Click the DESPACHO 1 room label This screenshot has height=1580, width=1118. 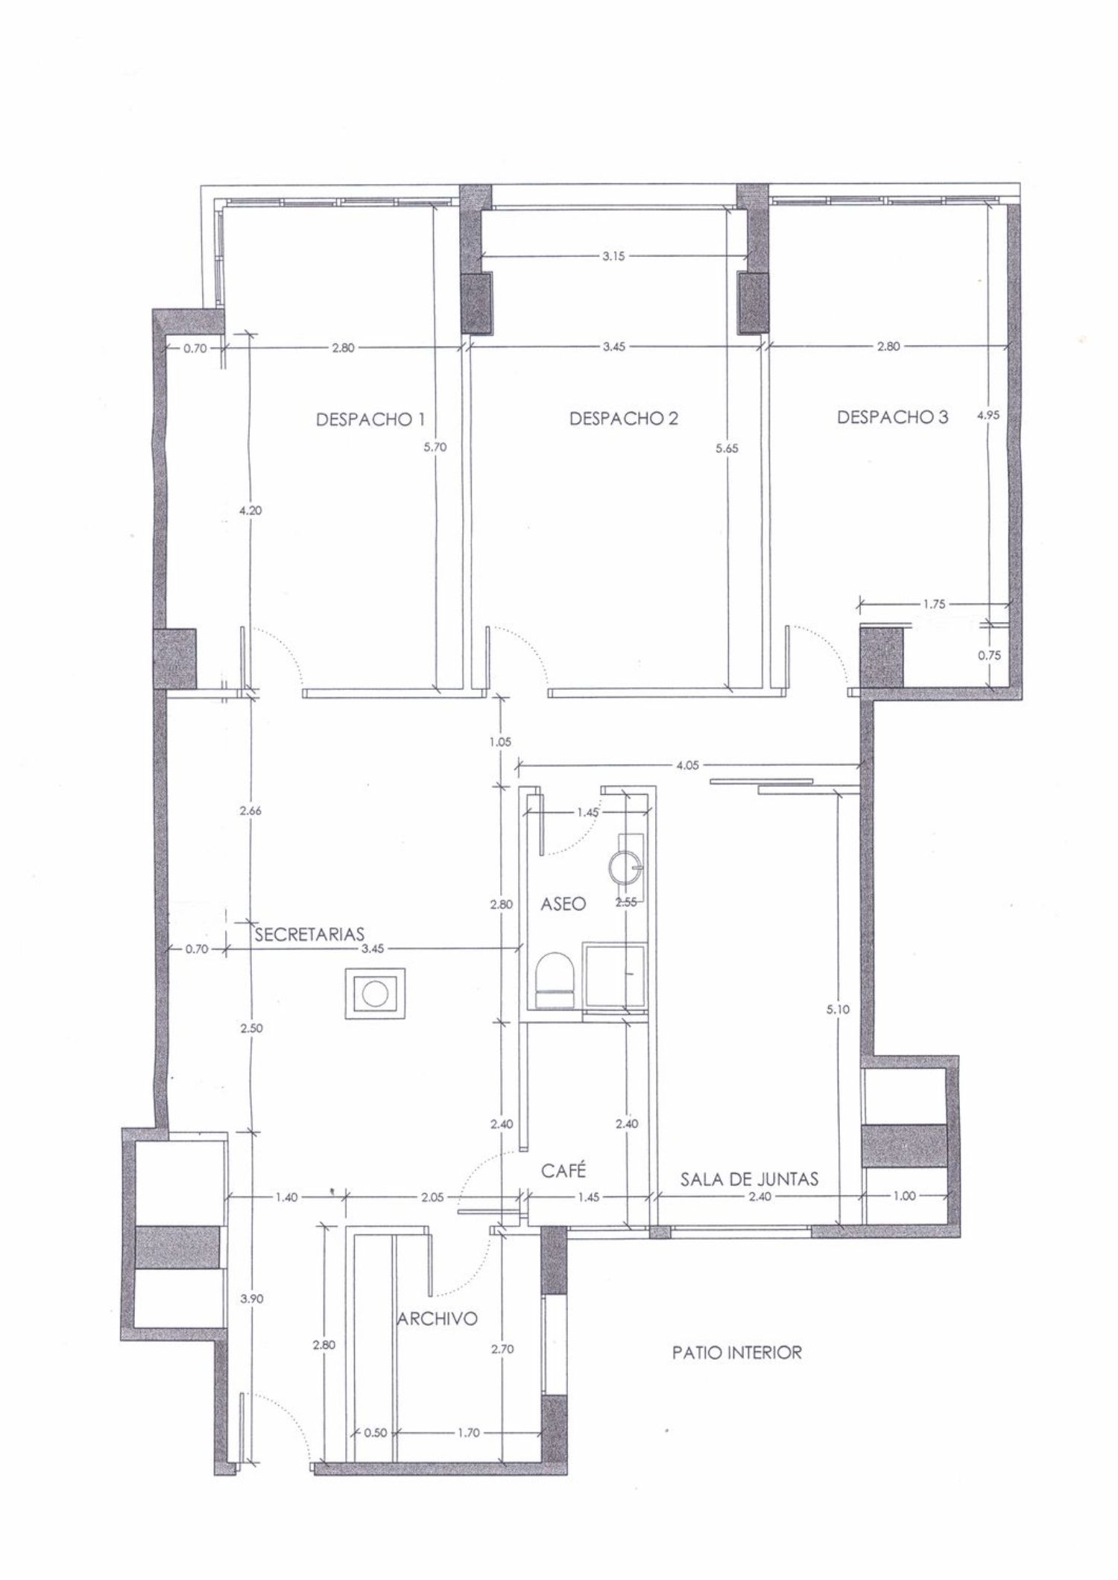coord(365,418)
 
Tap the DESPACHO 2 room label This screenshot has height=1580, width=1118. coord(624,418)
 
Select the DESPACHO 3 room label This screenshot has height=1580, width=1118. coord(893,416)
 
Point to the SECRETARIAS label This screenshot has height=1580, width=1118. coord(309,934)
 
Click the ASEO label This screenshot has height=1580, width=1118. coord(563,904)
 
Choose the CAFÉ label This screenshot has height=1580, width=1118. coord(563,1170)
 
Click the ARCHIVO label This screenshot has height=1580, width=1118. coord(437,1319)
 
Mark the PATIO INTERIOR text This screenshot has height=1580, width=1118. coord(737,1352)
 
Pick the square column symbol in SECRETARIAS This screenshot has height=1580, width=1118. coord(374,993)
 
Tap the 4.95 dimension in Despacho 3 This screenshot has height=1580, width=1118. coord(988,416)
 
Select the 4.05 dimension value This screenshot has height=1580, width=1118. coord(687,764)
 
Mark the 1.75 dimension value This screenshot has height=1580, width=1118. coord(933,604)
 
